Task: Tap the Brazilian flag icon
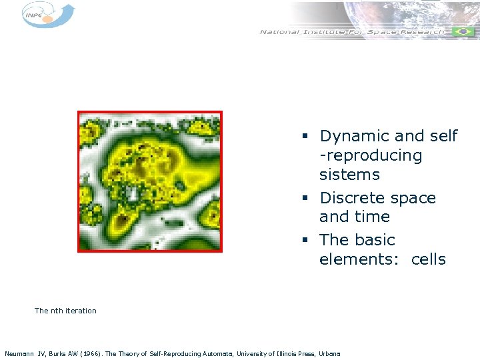pyautogui.click(x=462, y=32)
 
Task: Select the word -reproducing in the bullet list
pyautogui.click(x=371, y=156)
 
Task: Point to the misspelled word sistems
pyautogui.click(x=349, y=175)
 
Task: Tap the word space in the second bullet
pyautogui.click(x=413, y=198)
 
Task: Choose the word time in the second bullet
pyautogui.click(x=373, y=217)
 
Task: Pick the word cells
pyautogui.click(x=428, y=259)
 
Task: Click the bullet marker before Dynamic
pyautogui.click(x=304, y=137)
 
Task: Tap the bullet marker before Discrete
pyautogui.click(x=304, y=199)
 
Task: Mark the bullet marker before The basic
pyautogui.click(x=304, y=241)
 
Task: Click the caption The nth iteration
pyautogui.click(x=65, y=311)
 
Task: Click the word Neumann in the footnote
pyautogui.click(x=19, y=353)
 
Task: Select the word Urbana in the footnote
pyautogui.click(x=329, y=353)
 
